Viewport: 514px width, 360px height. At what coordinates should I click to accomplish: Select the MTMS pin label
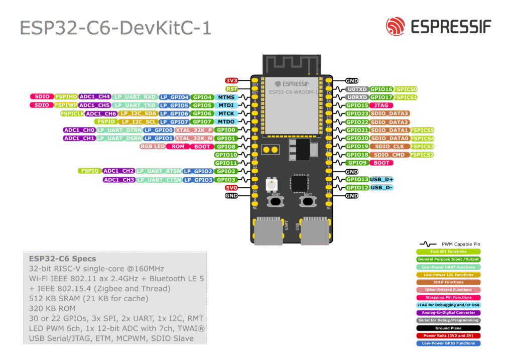click(226, 97)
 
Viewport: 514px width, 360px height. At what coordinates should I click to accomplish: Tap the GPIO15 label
click(357, 105)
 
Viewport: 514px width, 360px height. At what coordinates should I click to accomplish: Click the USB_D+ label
click(381, 179)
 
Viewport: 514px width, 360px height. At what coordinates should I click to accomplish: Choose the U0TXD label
click(357, 89)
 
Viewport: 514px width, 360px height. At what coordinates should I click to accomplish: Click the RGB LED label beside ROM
click(153, 147)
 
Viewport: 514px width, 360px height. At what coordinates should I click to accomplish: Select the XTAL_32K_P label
click(194, 130)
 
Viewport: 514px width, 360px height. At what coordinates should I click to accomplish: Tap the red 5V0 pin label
click(231, 188)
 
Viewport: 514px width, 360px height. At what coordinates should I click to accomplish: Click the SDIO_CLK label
click(389, 147)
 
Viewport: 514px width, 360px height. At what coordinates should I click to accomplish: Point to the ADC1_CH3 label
click(119, 180)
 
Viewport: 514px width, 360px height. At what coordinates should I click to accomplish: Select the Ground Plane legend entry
click(448, 327)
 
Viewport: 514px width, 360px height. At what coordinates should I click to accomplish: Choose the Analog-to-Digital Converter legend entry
click(448, 312)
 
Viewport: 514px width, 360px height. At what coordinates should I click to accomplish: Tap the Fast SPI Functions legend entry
click(448, 252)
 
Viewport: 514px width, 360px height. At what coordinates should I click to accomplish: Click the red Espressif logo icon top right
click(396, 26)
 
